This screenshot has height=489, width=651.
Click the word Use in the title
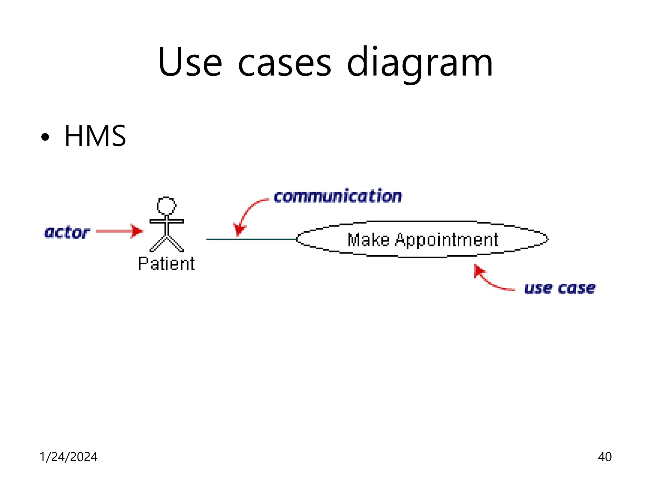[190, 62]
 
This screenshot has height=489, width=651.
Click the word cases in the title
[284, 64]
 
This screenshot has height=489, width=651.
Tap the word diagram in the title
[420, 64]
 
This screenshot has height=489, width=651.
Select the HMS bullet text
[95, 136]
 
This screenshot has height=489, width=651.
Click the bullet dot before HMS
[45, 137]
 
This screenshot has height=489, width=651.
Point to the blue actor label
[67, 232]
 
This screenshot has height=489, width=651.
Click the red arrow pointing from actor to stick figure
[119, 231]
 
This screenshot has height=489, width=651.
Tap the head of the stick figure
[166, 206]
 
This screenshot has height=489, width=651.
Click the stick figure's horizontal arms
[167, 221]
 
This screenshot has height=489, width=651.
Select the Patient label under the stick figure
[166, 264]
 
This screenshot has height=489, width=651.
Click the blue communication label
[338, 196]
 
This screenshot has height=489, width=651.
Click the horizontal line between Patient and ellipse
[251, 239]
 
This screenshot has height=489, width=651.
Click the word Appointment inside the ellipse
[446, 240]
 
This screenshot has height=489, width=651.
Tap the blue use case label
[560, 288]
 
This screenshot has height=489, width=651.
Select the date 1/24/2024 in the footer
[68, 457]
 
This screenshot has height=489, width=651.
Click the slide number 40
[604, 457]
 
